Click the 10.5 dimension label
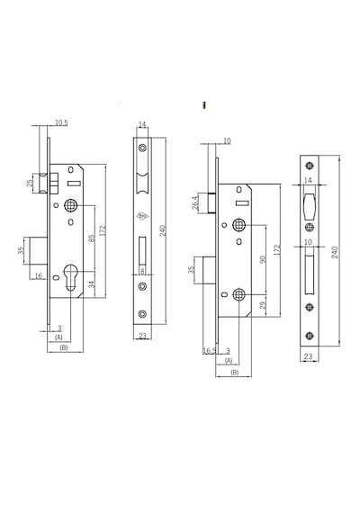point(61,122)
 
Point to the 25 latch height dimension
point(30,184)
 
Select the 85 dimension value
point(92,238)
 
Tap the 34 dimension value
point(93,284)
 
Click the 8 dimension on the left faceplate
point(142,271)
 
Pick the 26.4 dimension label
point(195,202)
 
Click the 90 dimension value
point(263,259)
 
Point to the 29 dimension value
point(263,305)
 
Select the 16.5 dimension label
point(210,351)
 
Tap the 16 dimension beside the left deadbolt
point(39,276)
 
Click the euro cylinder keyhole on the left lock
point(70,276)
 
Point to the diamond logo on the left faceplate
point(142,216)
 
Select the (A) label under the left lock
point(58,337)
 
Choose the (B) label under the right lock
point(235,373)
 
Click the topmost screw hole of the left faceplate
point(142,148)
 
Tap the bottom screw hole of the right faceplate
point(310,336)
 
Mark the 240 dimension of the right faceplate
point(335,252)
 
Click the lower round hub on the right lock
point(238,295)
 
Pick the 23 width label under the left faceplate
point(143,336)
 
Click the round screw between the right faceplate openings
point(310,227)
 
